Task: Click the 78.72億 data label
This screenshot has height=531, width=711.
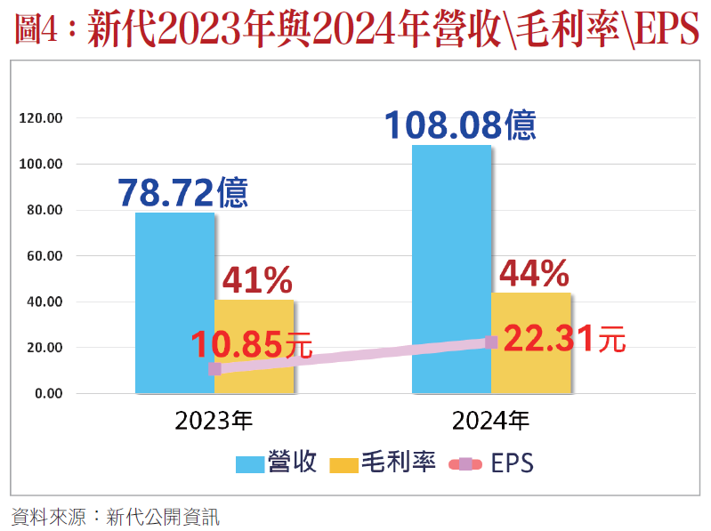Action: (182, 193)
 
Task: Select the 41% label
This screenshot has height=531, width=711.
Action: (256, 281)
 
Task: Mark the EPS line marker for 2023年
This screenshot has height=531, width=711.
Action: (214, 369)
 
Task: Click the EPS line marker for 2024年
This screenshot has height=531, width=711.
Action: (491, 342)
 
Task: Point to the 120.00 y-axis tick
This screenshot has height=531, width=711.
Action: (43, 118)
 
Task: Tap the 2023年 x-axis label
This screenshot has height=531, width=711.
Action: (214, 420)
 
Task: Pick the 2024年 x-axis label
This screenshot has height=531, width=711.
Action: (490, 420)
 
